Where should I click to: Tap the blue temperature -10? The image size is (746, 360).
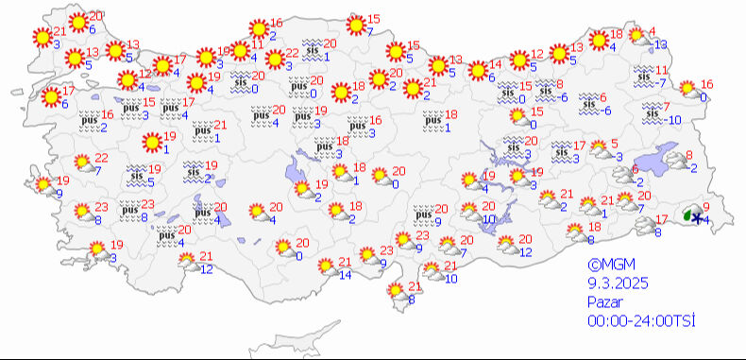(x=673, y=120)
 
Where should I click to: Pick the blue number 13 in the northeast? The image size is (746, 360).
(x=661, y=44)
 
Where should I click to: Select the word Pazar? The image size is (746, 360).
(x=601, y=302)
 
